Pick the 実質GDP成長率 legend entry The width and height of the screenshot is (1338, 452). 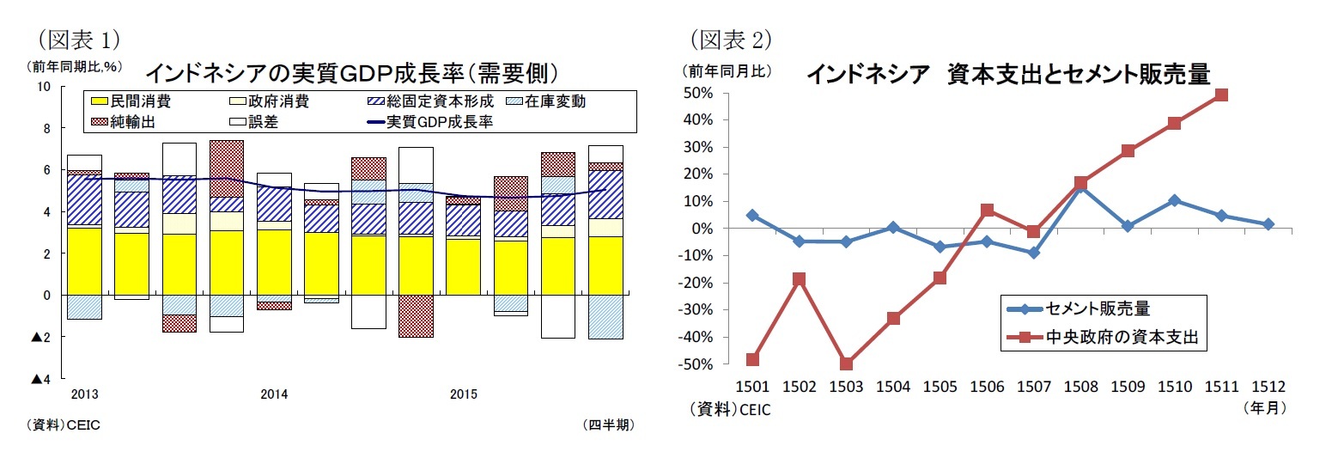443,122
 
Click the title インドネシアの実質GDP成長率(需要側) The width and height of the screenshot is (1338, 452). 353,71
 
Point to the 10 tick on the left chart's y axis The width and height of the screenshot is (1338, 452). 45,87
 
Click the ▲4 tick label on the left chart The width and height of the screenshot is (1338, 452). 41,380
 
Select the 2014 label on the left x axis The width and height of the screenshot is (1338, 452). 275,394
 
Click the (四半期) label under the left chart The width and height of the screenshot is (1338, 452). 607,425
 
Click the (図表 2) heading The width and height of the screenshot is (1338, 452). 730,39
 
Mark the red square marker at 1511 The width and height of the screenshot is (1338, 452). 1221,95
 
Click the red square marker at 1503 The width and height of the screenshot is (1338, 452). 846,363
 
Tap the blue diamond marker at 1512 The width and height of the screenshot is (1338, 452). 1268,223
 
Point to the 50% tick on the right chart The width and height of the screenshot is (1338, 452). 704,93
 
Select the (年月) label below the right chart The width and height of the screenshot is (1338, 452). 1264,408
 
